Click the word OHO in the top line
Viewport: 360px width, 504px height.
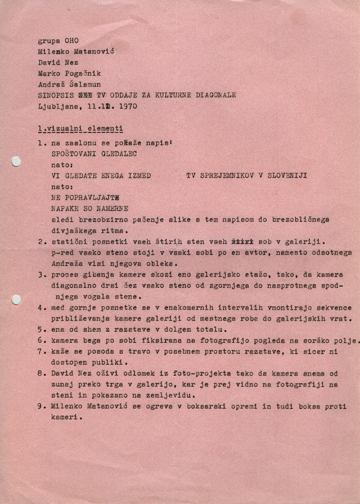[x=72, y=40]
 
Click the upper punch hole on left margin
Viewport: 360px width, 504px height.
[x=16, y=162]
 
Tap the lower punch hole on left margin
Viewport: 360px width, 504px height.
[x=16, y=300]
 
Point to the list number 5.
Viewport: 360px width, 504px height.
[x=40, y=329]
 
